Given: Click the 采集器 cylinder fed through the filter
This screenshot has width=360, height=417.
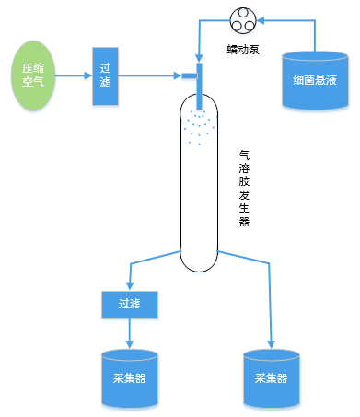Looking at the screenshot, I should pyautogui.click(x=129, y=376).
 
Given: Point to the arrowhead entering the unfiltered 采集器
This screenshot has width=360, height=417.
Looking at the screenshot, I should pyautogui.click(x=271, y=342).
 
